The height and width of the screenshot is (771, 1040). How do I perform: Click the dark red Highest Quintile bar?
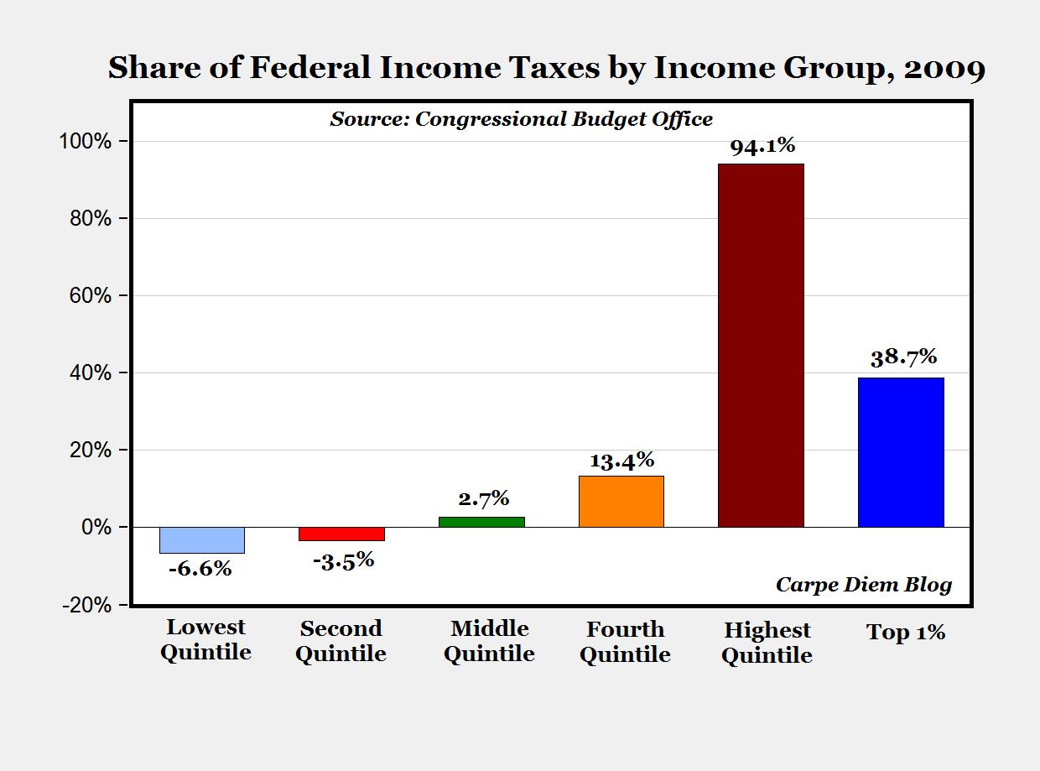(x=761, y=345)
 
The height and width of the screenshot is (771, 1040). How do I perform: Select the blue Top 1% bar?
(x=901, y=452)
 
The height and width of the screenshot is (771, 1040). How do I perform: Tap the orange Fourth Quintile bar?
(x=621, y=502)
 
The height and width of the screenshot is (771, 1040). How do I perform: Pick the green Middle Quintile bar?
(x=481, y=522)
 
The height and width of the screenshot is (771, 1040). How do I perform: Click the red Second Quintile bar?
(x=342, y=534)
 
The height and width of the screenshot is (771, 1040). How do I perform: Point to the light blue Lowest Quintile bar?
(x=202, y=540)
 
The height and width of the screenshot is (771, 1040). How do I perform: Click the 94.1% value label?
(x=762, y=146)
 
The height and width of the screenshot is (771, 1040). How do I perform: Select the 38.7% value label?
(x=903, y=357)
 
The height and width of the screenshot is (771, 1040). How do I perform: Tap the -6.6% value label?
(x=200, y=569)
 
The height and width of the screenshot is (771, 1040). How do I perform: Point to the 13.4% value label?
(x=621, y=461)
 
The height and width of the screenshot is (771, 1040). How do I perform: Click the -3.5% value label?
(x=344, y=561)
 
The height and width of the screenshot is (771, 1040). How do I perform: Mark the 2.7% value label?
(x=483, y=498)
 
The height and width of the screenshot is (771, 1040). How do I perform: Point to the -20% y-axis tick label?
(x=87, y=605)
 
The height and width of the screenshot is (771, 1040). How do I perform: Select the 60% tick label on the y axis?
(x=91, y=295)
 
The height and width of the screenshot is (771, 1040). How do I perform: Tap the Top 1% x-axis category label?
(x=906, y=633)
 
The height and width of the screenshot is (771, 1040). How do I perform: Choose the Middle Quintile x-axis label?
(x=489, y=642)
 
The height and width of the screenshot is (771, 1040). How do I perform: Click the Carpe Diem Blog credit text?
(x=864, y=586)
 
